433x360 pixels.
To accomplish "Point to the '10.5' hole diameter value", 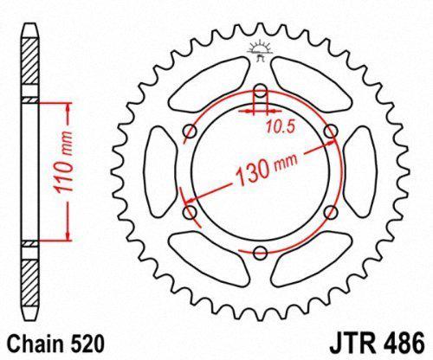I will pyautogui.click(x=276, y=128).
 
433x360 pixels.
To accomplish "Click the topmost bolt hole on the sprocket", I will pyautogui.click(x=261, y=90).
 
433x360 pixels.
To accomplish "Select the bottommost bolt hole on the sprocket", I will pyautogui.click(x=261, y=252).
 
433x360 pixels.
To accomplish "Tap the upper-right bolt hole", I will pyautogui.click(x=331, y=130).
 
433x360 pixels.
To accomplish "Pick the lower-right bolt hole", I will pyautogui.click(x=331, y=212).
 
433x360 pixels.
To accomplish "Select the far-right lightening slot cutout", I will pyautogui.click(x=357, y=171).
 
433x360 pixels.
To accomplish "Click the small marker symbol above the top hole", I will pyautogui.click(x=261, y=48).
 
